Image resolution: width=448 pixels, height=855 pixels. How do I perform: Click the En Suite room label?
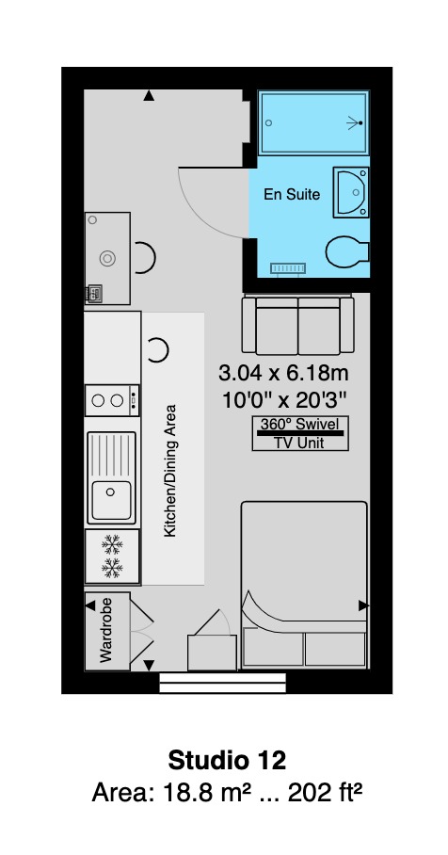[x=292, y=194]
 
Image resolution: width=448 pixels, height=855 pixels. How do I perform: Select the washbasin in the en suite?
[x=351, y=192]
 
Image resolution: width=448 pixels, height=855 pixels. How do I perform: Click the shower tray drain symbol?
[x=360, y=123]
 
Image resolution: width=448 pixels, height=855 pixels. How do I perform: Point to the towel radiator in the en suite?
[x=288, y=268]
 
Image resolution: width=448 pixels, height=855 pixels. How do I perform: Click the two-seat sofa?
[x=298, y=325]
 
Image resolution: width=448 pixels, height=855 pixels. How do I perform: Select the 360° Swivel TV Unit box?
[x=300, y=433]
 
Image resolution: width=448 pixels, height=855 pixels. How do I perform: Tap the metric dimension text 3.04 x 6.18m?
[x=283, y=374]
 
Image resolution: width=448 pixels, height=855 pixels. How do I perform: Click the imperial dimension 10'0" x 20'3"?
[x=284, y=401]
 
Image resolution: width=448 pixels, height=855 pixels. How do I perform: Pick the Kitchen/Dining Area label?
[x=170, y=470]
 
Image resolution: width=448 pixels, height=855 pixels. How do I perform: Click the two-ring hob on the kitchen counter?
[x=112, y=401]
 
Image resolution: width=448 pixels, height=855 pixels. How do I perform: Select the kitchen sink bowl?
[x=111, y=500]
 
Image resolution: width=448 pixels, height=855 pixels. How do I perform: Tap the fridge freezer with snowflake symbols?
[x=112, y=556]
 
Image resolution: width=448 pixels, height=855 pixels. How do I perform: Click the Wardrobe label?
[x=105, y=630]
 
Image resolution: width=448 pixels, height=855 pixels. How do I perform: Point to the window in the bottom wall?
[x=222, y=683]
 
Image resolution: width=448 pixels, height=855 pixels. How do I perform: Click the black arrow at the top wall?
[x=149, y=96]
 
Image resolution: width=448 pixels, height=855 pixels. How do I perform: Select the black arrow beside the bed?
[x=363, y=605]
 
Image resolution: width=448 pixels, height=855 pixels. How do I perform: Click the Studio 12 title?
[x=227, y=760]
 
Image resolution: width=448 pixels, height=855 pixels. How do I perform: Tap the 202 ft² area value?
[x=325, y=793]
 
